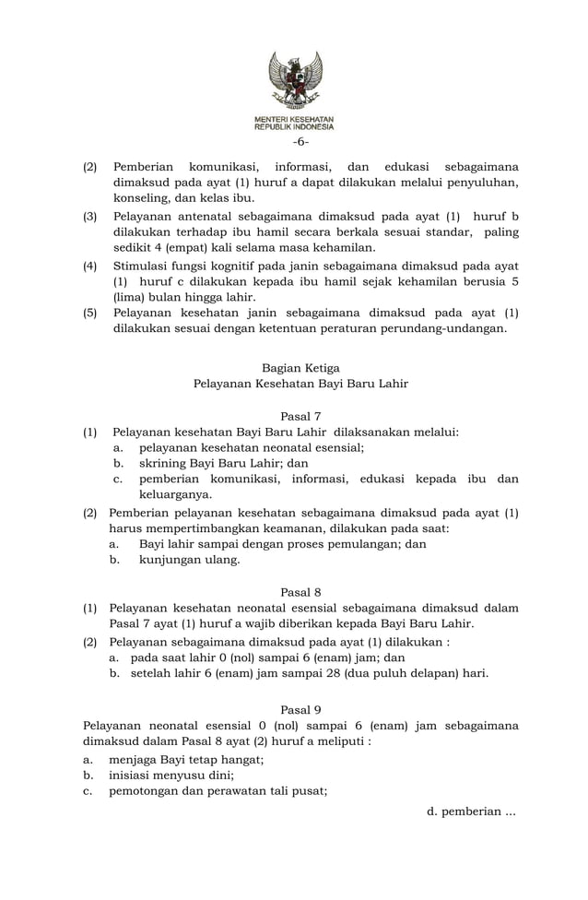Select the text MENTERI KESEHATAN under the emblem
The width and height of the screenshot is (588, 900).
(x=295, y=120)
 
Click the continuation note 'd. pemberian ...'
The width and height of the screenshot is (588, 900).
(x=471, y=811)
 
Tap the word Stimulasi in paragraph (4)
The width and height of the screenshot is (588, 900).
(x=143, y=265)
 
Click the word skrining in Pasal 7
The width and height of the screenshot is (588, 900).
(x=162, y=463)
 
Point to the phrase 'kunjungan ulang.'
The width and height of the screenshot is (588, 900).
(x=189, y=560)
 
